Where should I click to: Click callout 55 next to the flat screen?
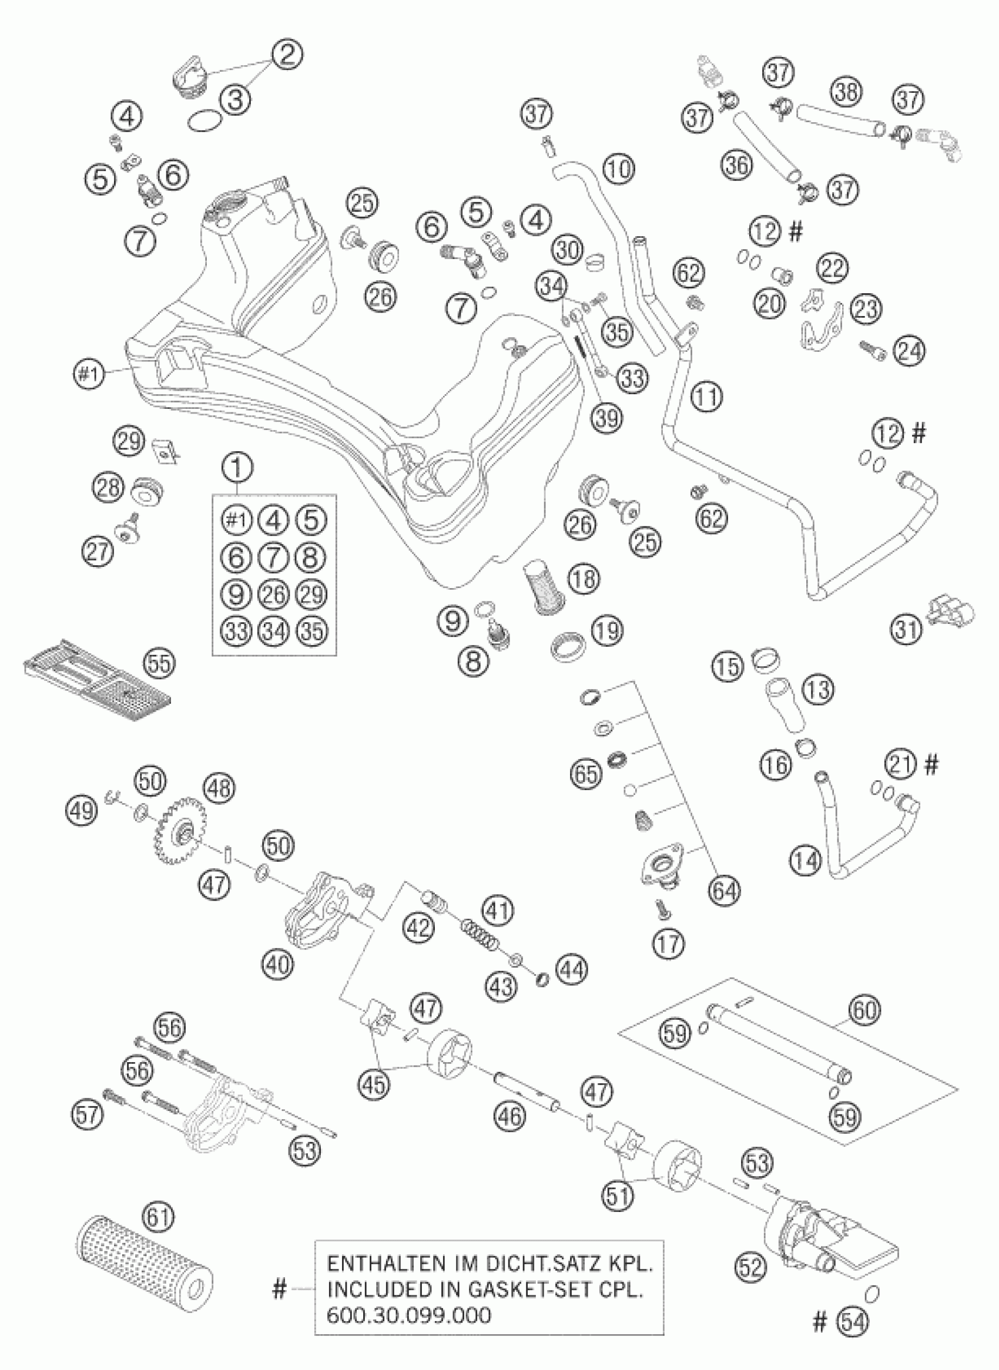(160, 663)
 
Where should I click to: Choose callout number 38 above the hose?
(846, 92)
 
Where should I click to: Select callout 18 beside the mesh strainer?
(583, 579)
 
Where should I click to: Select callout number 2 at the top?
(287, 55)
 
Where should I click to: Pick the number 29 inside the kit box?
(312, 595)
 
